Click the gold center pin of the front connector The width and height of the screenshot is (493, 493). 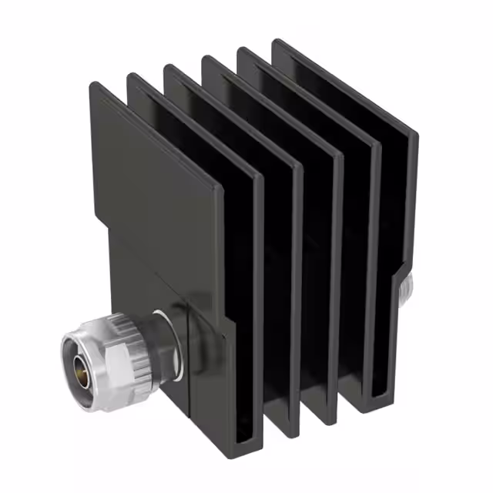click(x=79, y=371)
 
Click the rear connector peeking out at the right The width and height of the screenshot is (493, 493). click(x=406, y=288)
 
